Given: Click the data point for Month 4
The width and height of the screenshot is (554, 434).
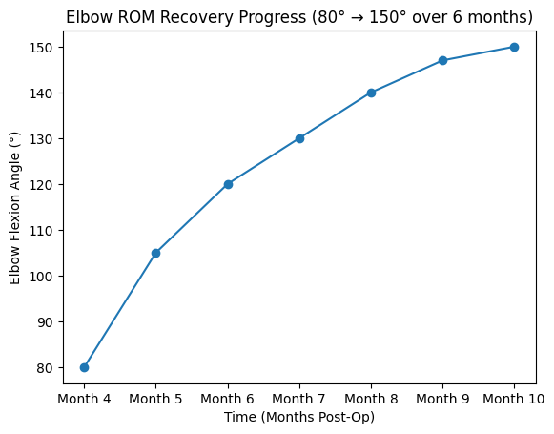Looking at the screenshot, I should [x=84, y=367].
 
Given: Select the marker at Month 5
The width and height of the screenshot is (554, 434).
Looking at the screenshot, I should [x=155, y=253].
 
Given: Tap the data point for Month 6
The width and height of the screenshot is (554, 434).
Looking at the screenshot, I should [x=228, y=184].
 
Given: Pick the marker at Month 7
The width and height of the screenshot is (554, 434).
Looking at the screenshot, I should [x=299, y=138].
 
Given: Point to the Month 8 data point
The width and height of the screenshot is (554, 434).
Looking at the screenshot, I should [x=371, y=93].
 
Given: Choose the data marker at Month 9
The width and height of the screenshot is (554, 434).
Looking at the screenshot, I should [x=443, y=60].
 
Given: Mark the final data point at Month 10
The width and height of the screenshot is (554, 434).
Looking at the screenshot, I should [x=515, y=47].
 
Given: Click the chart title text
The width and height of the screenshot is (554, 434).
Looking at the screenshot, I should [x=298, y=17].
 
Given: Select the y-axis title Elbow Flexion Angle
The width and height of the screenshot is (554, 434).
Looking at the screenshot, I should [x=14, y=207].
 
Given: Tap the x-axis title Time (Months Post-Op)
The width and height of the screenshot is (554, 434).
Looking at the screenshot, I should [x=298, y=418].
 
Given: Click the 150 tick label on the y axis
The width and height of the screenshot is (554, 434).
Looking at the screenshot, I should [x=43, y=47].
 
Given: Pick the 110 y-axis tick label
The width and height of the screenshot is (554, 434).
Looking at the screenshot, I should [x=43, y=230].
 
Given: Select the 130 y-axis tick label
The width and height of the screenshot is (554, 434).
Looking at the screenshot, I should [x=43, y=138].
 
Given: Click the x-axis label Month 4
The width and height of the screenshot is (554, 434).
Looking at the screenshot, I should [x=84, y=399].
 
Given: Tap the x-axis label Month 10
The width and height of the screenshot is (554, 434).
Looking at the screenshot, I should [x=515, y=399].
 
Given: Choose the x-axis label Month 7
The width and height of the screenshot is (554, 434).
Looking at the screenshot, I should [x=299, y=399].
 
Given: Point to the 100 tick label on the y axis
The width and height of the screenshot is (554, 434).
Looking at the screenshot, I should [x=43, y=276].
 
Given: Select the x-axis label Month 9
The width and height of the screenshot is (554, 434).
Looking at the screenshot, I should [x=443, y=399].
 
